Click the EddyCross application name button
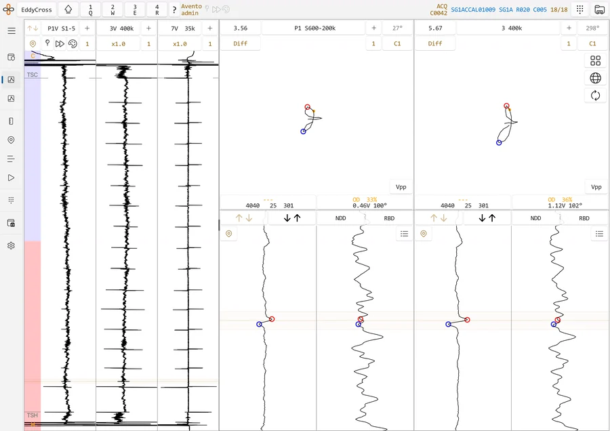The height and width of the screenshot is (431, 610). point(37,9)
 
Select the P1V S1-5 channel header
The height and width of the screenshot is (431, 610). point(61,28)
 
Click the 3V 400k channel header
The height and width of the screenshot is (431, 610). point(121,28)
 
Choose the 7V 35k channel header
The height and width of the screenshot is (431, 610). point(183,28)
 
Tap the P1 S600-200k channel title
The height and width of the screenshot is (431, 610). point(314,28)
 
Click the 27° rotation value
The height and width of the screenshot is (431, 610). point(397,28)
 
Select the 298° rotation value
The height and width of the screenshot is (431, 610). point(592,28)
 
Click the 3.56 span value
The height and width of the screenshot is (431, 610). point(241,28)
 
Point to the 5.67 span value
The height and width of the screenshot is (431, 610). point(435,28)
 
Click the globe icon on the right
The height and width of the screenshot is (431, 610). point(595,78)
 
